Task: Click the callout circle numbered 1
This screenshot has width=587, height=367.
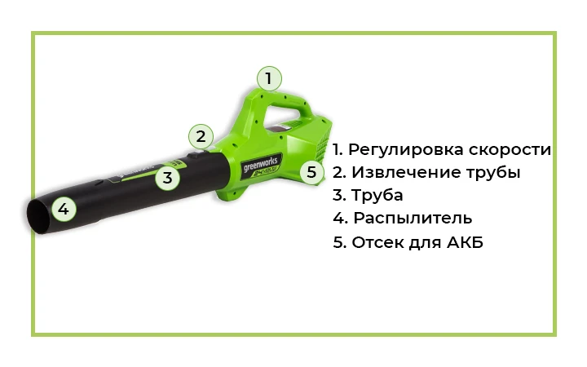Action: point(269,79)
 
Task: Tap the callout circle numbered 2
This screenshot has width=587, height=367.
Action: point(201,136)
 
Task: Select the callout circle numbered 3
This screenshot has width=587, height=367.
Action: point(167,177)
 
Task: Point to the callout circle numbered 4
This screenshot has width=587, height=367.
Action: point(64,209)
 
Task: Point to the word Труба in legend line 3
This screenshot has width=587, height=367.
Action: point(377,196)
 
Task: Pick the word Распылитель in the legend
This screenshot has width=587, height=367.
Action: point(413,219)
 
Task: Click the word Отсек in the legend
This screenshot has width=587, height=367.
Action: point(377,242)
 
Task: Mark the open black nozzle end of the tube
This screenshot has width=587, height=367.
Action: point(38,216)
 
